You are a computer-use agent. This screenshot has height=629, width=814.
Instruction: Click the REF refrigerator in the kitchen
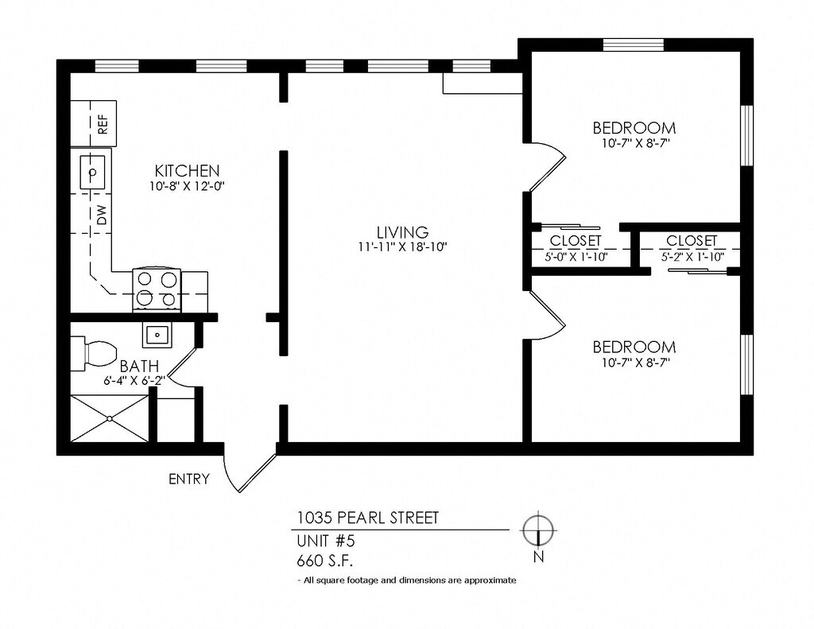pos(94,123)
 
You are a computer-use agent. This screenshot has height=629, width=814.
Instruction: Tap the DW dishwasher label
pos(102,215)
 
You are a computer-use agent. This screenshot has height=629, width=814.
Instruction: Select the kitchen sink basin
pos(92,172)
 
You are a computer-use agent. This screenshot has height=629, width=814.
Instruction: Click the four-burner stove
pos(157,290)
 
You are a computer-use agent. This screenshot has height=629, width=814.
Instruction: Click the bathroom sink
pos(157,335)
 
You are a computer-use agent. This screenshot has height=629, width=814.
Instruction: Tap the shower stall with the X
pos(110,418)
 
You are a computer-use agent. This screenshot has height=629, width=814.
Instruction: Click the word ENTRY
pos(189,479)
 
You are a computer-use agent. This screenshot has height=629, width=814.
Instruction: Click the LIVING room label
pos(403,231)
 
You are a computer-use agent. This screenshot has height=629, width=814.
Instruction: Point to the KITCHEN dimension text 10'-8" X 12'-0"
pos(188,186)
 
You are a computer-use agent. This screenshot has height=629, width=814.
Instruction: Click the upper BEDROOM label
pos(634,127)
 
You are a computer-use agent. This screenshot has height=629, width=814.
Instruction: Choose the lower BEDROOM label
pos(634,347)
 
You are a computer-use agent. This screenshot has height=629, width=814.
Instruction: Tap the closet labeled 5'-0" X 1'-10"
pos(577,248)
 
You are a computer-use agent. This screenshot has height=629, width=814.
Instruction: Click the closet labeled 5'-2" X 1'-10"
pos(691,248)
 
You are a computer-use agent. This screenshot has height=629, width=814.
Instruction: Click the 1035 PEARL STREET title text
pos(367,518)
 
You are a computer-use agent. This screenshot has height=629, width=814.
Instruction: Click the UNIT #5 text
pos(325,541)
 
